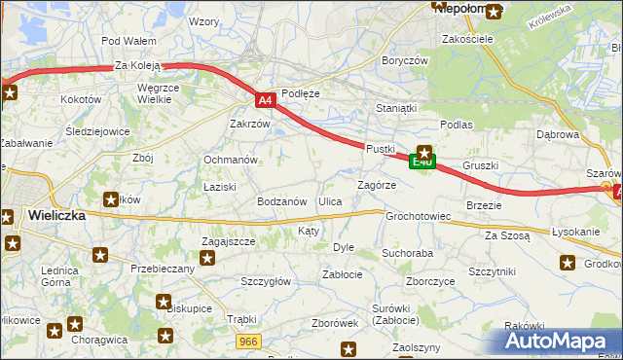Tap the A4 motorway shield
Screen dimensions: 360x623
coord(265,99)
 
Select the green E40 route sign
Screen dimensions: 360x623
coord(421,162)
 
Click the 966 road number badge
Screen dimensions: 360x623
coord(249,341)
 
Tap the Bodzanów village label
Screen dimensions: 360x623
coord(282,201)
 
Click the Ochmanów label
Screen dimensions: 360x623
coord(230,160)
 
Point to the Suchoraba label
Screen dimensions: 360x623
coord(407,253)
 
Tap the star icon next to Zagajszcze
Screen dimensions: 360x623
coord(207,258)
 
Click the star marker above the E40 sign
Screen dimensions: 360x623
coord(424,151)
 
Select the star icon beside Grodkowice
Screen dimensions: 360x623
coord(568,262)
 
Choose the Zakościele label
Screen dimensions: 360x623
coord(468,39)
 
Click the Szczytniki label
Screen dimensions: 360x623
coord(492,271)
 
